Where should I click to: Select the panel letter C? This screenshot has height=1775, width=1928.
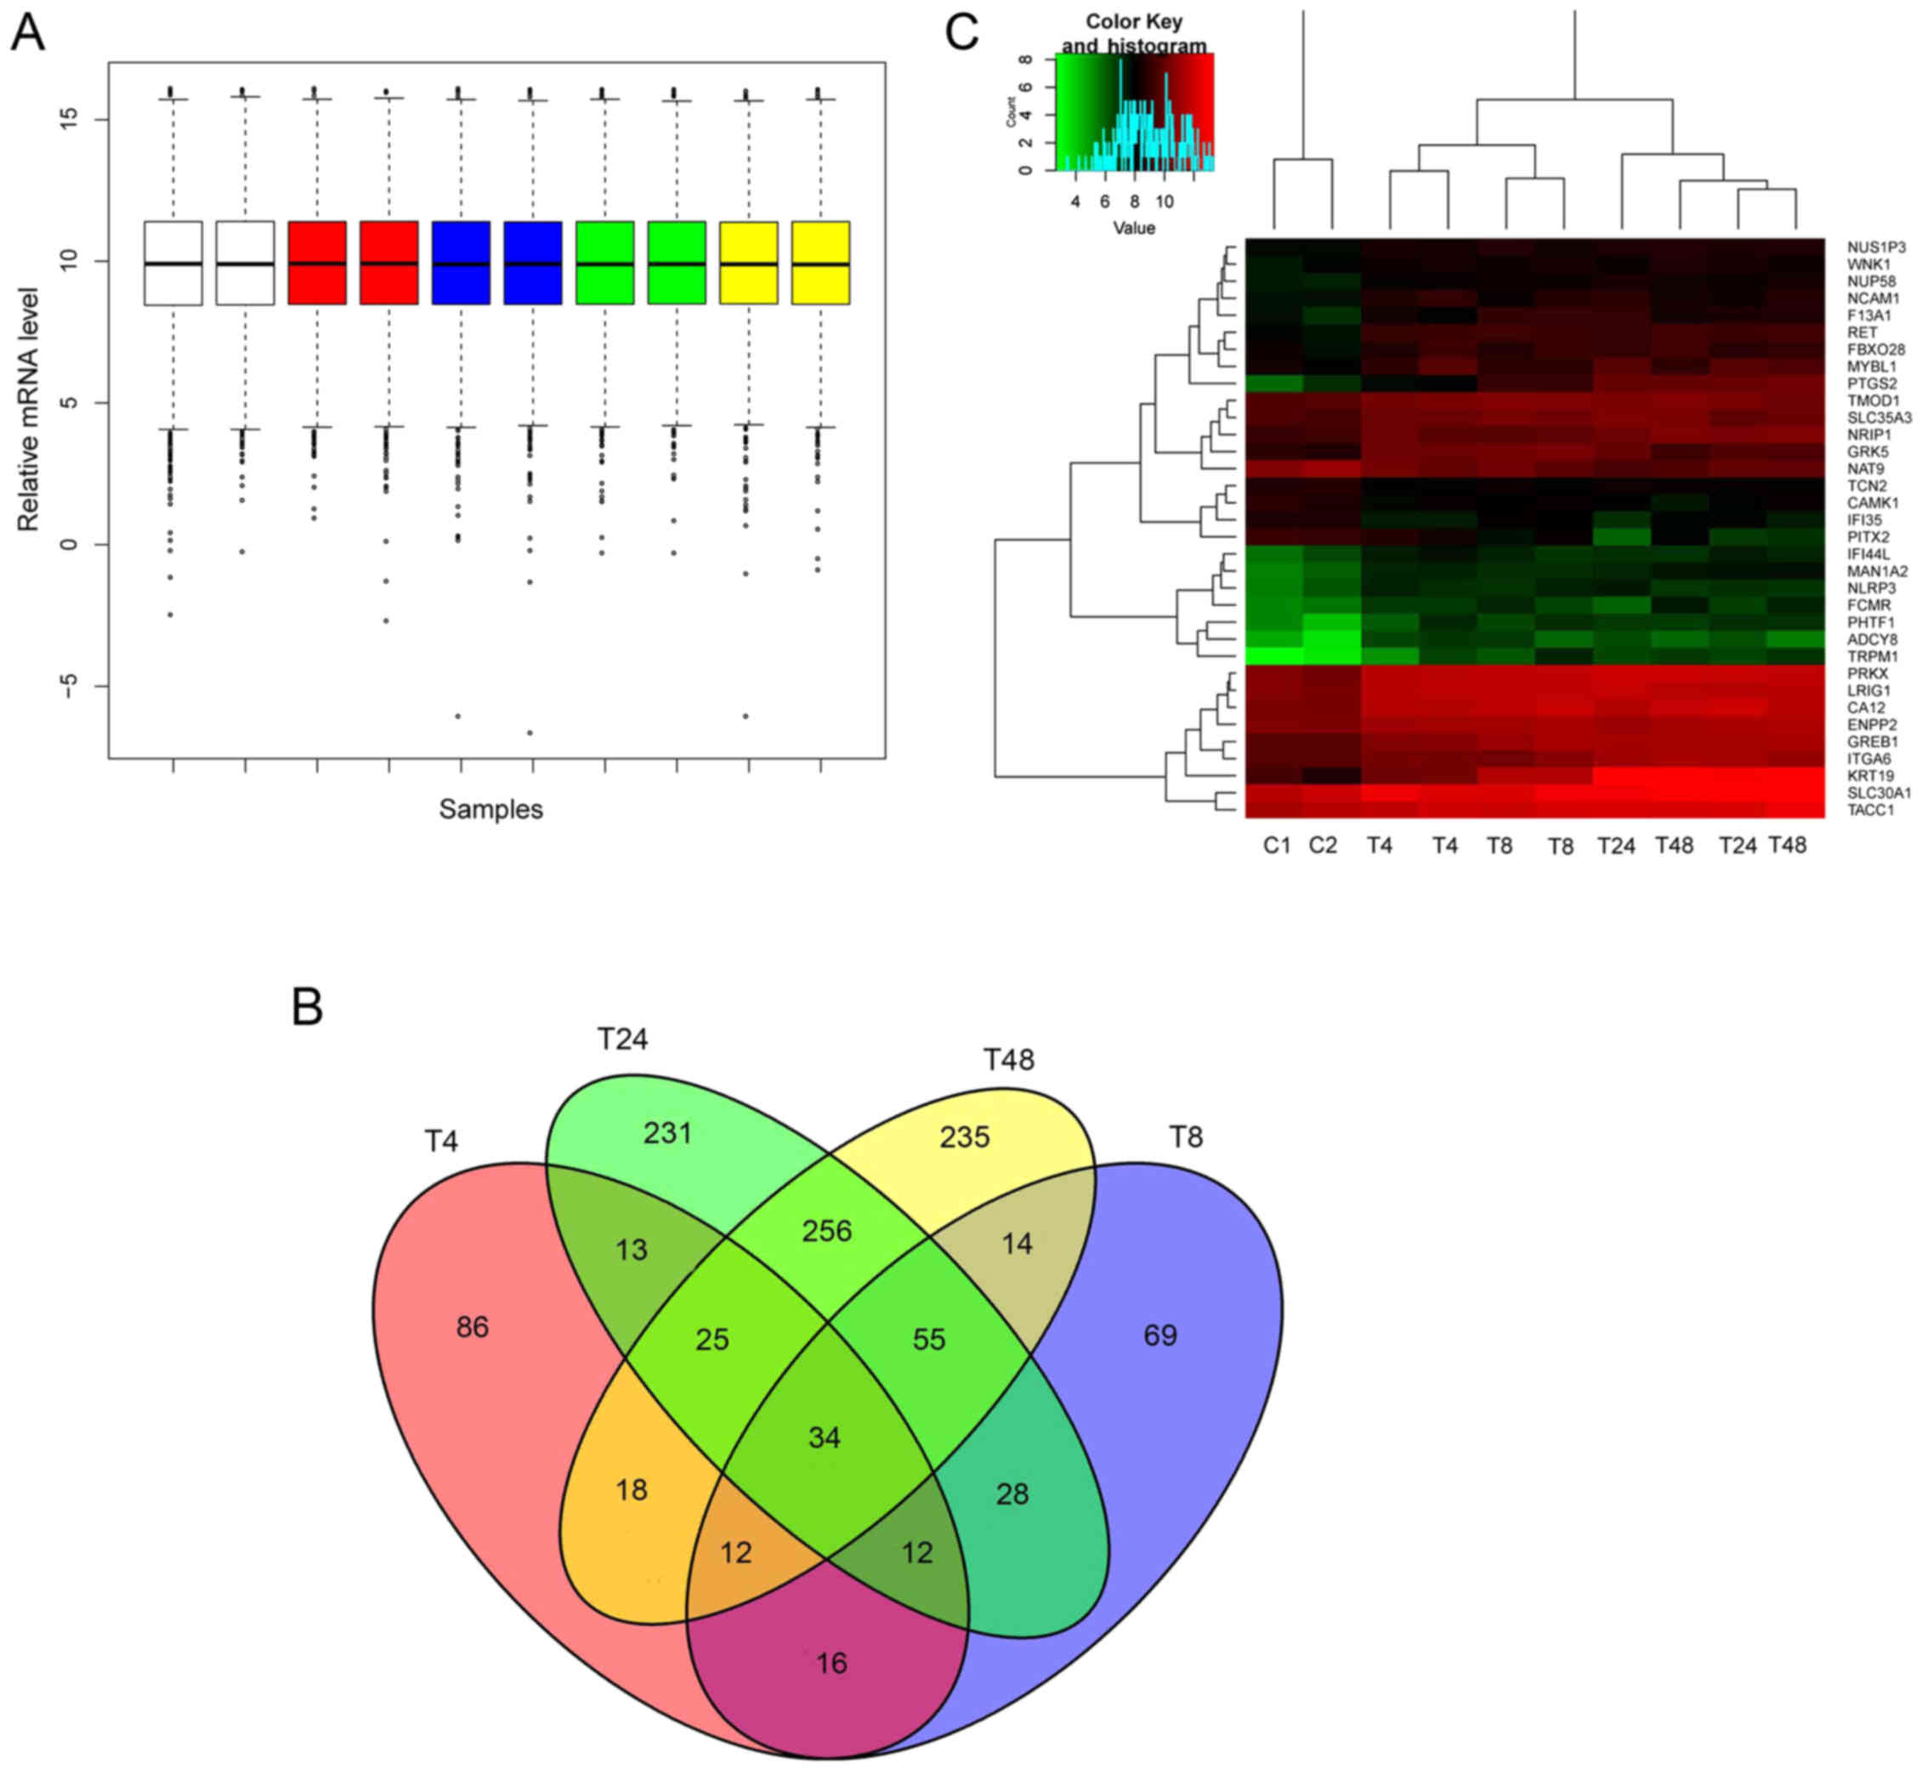coord(961,32)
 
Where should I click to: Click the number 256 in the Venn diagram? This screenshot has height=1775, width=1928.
coord(826,1231)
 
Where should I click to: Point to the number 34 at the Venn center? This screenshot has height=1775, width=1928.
coord(825,1438)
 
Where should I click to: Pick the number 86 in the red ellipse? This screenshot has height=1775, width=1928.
coord(472,1327)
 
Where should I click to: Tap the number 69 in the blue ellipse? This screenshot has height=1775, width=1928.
coord(1160,1336)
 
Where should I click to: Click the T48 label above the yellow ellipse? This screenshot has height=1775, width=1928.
coord(1007,1059)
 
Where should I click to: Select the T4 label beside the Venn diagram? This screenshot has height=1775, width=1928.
coord(441,1141)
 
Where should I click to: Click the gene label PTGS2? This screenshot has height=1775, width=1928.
coord(1871,384)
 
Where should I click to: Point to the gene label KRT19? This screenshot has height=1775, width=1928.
coord(1870,776)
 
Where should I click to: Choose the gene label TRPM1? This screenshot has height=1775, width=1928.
coord(1872,657)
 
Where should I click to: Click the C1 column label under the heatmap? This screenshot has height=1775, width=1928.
coord(1277,845)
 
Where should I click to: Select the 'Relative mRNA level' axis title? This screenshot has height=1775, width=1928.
coord(28,410)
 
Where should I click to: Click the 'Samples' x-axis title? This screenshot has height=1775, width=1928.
coord(491,809)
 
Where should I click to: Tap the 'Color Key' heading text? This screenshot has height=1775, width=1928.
coord(1133,21)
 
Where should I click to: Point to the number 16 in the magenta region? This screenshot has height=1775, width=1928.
coord(831,1664)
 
